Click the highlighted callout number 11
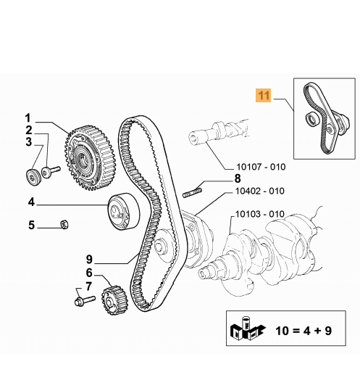pos(264,95)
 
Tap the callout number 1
pos(28,118)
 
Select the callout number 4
pos(32,202)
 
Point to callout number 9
pos(89,259)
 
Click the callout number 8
pos(238,178)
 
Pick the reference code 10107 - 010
pos(261,167)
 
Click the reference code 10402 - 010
pos(260,191)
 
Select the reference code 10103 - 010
pos(260,214)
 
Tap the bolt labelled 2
pos(51,171)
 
